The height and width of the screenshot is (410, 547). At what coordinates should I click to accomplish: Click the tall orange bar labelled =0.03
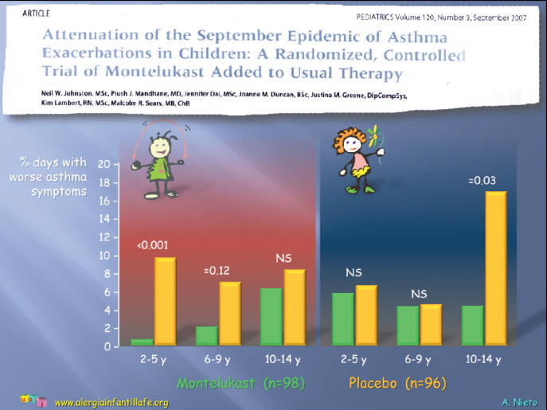[x=496, y=268]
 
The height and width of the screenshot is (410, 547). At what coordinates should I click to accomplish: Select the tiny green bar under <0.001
[x=142, y=342]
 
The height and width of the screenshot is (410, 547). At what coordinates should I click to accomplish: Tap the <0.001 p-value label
[x=152, y=245]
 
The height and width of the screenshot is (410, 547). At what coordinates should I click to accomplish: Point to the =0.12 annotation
[x=217, y=271]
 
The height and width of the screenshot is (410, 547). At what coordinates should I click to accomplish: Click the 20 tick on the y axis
[x=104, y=164]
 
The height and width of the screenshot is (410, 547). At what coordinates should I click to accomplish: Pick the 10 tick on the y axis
[x=104, y=256]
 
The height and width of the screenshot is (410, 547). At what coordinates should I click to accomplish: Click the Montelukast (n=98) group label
[x=241, y=383]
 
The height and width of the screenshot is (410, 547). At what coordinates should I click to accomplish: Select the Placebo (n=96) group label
[x=397, y=383]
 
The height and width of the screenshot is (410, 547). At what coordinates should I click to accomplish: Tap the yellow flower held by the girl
[x=373, y=135]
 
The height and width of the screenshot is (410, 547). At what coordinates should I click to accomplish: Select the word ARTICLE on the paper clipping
[x=36, y=14]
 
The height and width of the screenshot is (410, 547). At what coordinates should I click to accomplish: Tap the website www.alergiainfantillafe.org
[x=111, y=403]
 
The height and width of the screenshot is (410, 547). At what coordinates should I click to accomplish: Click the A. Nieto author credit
[x=519, y=402]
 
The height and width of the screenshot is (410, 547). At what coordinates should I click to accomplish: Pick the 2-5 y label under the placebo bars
[x=354, y=359]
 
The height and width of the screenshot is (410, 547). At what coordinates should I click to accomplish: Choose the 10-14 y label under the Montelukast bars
[x=283, y=359]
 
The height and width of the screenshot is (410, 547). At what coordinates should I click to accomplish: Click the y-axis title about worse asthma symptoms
[x=49, y=177]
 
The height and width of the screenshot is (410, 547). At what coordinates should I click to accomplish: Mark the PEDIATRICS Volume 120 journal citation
[x=441, y=17]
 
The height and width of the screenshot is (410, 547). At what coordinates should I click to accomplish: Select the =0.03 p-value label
[x=483, y=181]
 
